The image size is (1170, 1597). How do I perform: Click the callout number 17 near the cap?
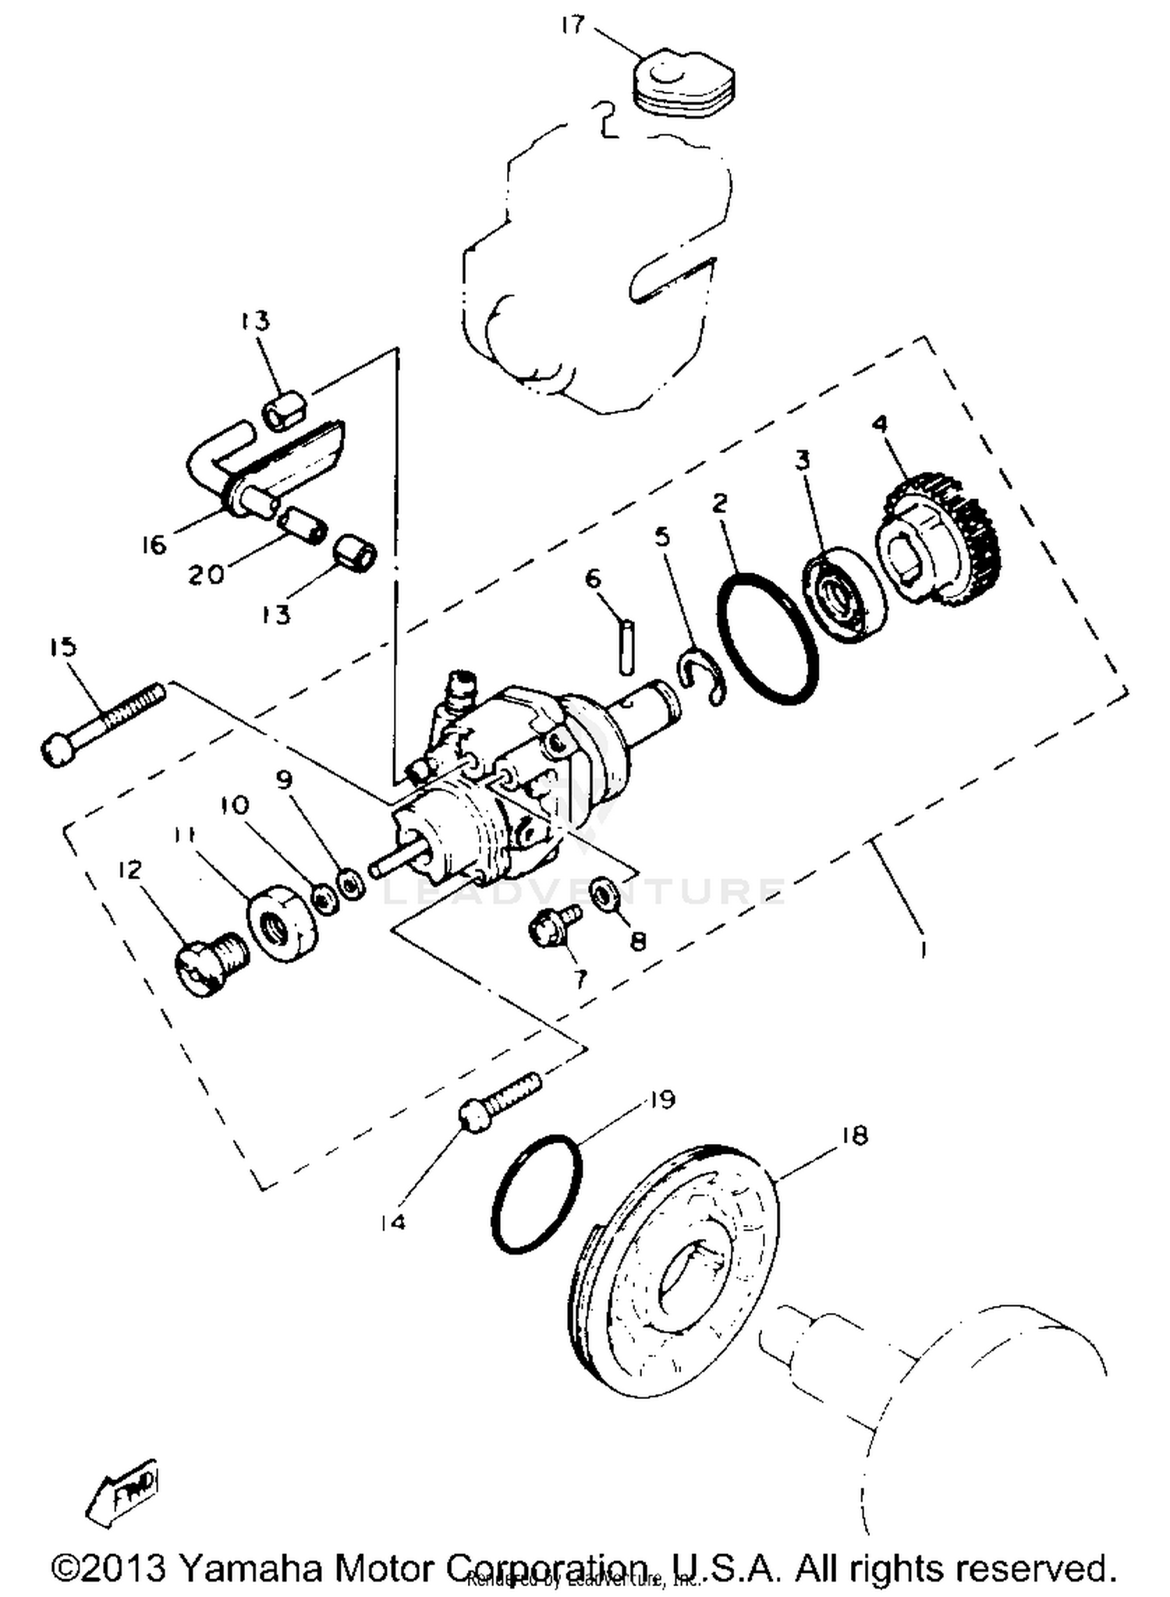pyautogui.click(x=572, y=26)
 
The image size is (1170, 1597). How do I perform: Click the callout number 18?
pyautogui.click(x=856, y=1135)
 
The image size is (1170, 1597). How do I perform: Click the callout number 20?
pyautogui.click(x=206, y=575)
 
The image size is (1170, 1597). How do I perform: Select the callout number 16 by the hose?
pyautogui.click(x=154, y=544)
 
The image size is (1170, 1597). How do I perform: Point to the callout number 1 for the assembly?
pyautogui.click(x=924, y=949)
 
